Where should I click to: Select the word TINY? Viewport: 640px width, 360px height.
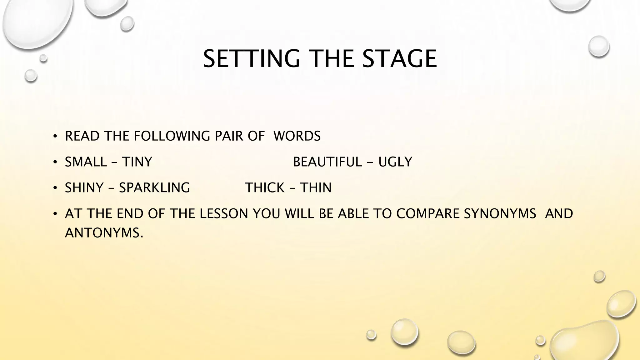pos(137,162)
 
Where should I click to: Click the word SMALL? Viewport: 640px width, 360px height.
pos(86,162)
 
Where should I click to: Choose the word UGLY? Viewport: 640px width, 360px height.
pos(395,162)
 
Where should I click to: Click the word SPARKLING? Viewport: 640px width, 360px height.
pos(154,188)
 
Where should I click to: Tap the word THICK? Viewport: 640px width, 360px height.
pos(264,188)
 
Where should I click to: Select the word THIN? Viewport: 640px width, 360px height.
pos(316,188)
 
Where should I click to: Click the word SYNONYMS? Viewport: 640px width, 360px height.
pos(500,214)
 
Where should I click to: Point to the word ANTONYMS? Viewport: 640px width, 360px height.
pos(104,233)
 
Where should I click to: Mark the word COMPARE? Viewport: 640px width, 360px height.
pos(428,214)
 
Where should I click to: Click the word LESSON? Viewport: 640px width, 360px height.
pos(224,214)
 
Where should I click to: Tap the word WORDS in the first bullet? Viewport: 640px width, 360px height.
pos(297,136)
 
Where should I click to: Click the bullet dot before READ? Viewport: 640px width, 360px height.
pos(55,136)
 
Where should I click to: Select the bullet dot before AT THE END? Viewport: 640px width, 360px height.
pos(55,214)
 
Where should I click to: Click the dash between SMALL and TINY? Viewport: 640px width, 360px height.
pos(114,162)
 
